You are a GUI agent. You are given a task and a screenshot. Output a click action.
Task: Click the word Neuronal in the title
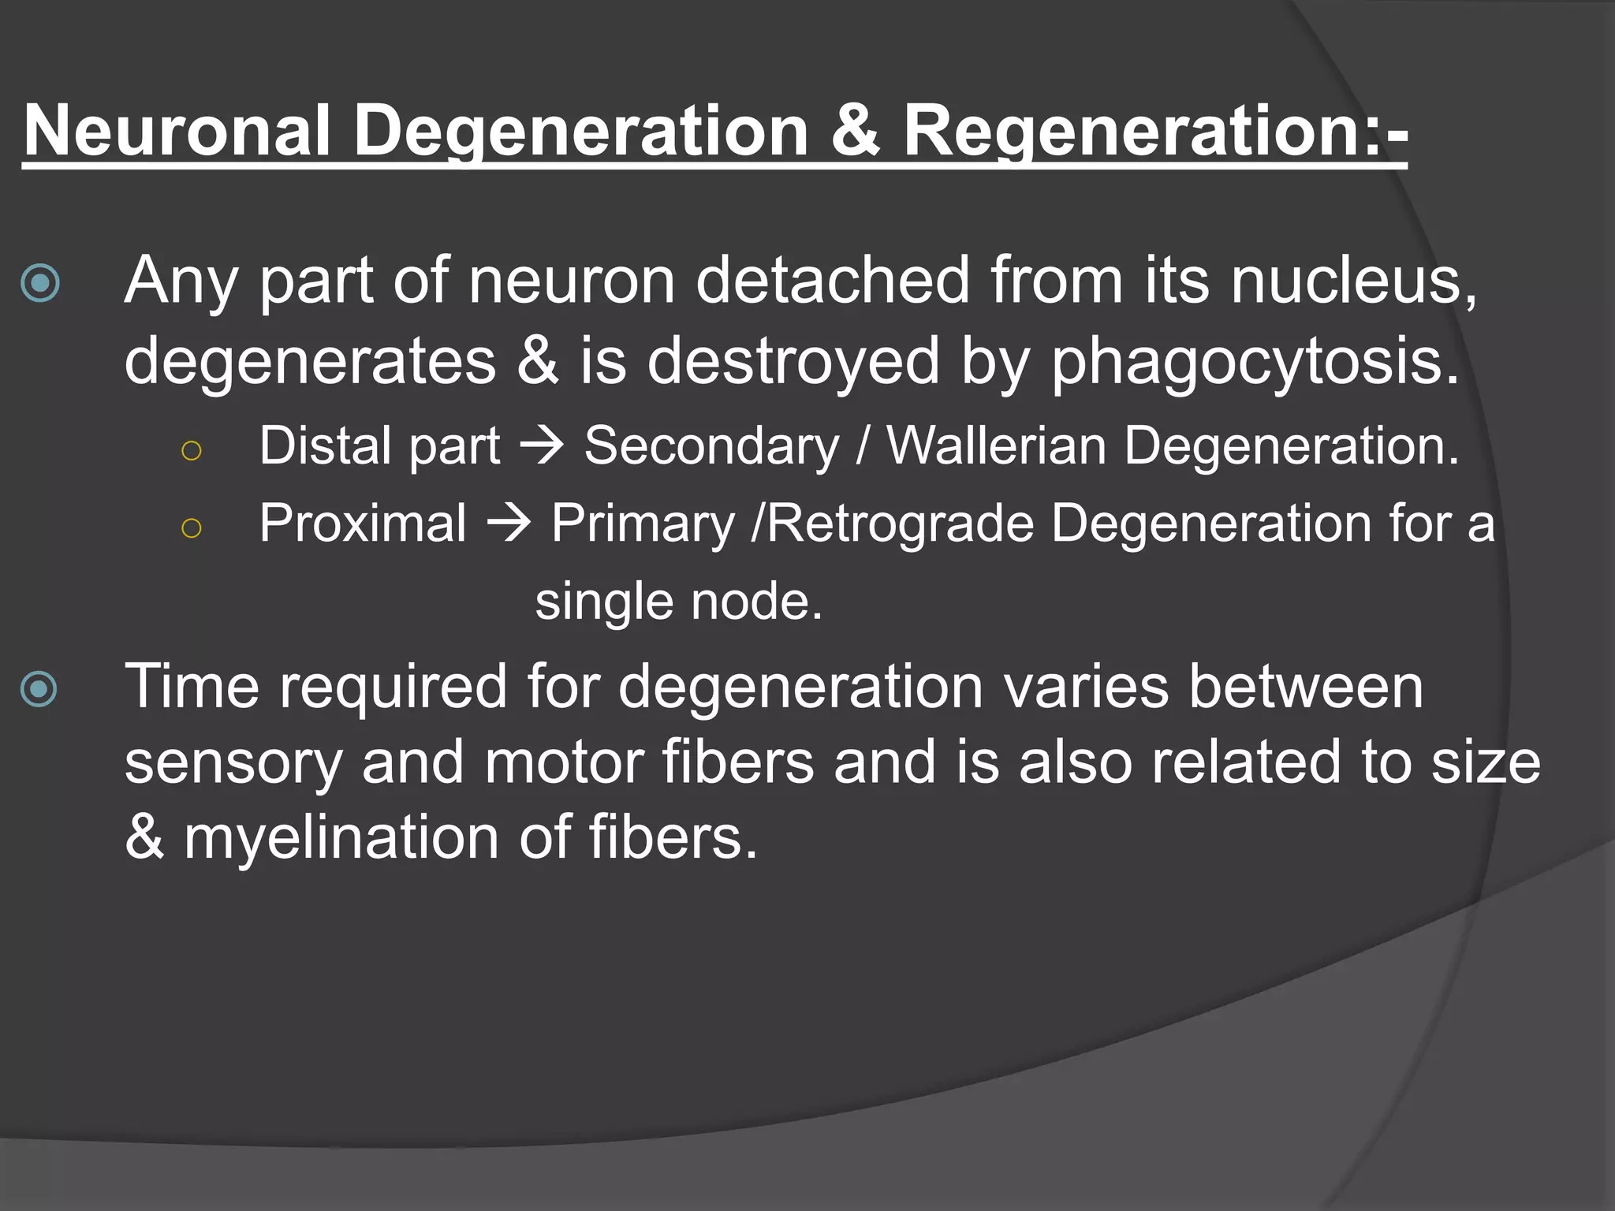[x=176, y=130]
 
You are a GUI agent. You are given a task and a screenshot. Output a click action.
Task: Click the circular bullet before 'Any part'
[x=40, y=283]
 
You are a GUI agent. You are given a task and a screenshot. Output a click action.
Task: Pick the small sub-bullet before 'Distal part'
[x=192, y=450]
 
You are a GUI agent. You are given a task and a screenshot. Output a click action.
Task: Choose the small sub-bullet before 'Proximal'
[x=192, y=527]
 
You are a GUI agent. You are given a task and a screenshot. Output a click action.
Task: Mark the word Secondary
[x=712, y=446]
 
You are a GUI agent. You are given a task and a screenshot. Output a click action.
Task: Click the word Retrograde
[x=900, y=524]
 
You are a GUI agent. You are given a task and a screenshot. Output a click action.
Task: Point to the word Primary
[x=643, y=524]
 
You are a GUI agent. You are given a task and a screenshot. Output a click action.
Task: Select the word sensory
[x=233, y=762]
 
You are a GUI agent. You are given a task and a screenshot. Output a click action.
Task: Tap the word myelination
[x=341, y=837]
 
